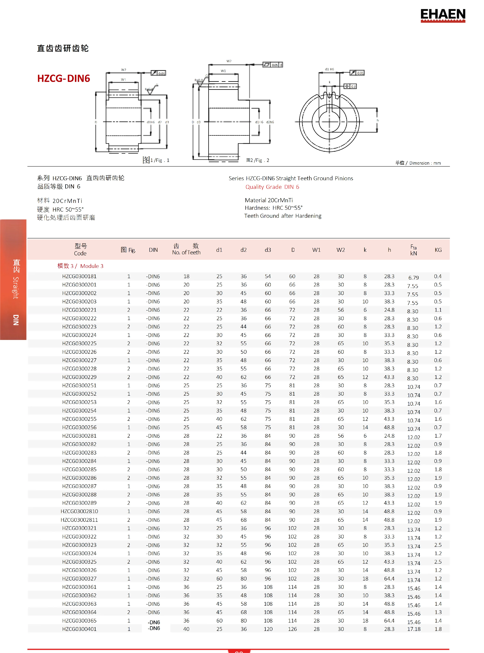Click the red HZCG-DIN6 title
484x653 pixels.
pyautogui.click(x=64, y=78)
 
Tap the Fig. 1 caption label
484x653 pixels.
pyautogui.click(x=156, y=160)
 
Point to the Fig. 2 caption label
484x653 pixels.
pyautogui.click(x=258, y=160)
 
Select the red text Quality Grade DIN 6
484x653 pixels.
pyautogui.click(x=272, y=187)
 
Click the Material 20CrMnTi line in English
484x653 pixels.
pyautogui.click(x=269, y=200)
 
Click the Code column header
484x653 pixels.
pyautogui.click(x=80, y=250)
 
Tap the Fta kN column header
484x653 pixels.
pyautogui.click(x=413, y=250)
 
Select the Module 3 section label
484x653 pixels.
pyautogui.click(x=80, y=266)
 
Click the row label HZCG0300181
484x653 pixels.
pyautogui.click(x=79, y=276)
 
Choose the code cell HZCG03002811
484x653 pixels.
pyautogui.click(x=79, y=520)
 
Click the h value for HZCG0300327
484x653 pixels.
pyautogui.click(x=389, y=579)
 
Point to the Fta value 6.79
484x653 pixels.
pyautogui.click(x=413, y=277)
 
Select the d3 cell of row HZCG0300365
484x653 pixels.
pyautogui.click(x=268, y=620)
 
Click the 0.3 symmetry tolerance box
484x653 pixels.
pyautogui.click(x=350, y=86)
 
